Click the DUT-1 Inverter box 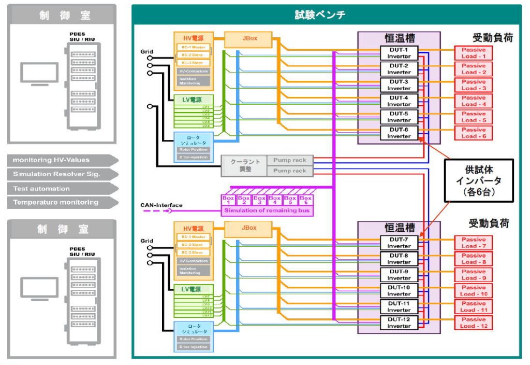coord(399,53)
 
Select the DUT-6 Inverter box coord(399,133)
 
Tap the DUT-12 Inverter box coord(399,322)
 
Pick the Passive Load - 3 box coord(474,85)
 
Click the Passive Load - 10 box coord(474,290)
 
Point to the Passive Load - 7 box coord(474,243)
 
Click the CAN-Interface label coord(161,205)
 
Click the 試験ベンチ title coord(327,15)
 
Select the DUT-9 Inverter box coord(399,275)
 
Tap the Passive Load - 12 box coord(474,322)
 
